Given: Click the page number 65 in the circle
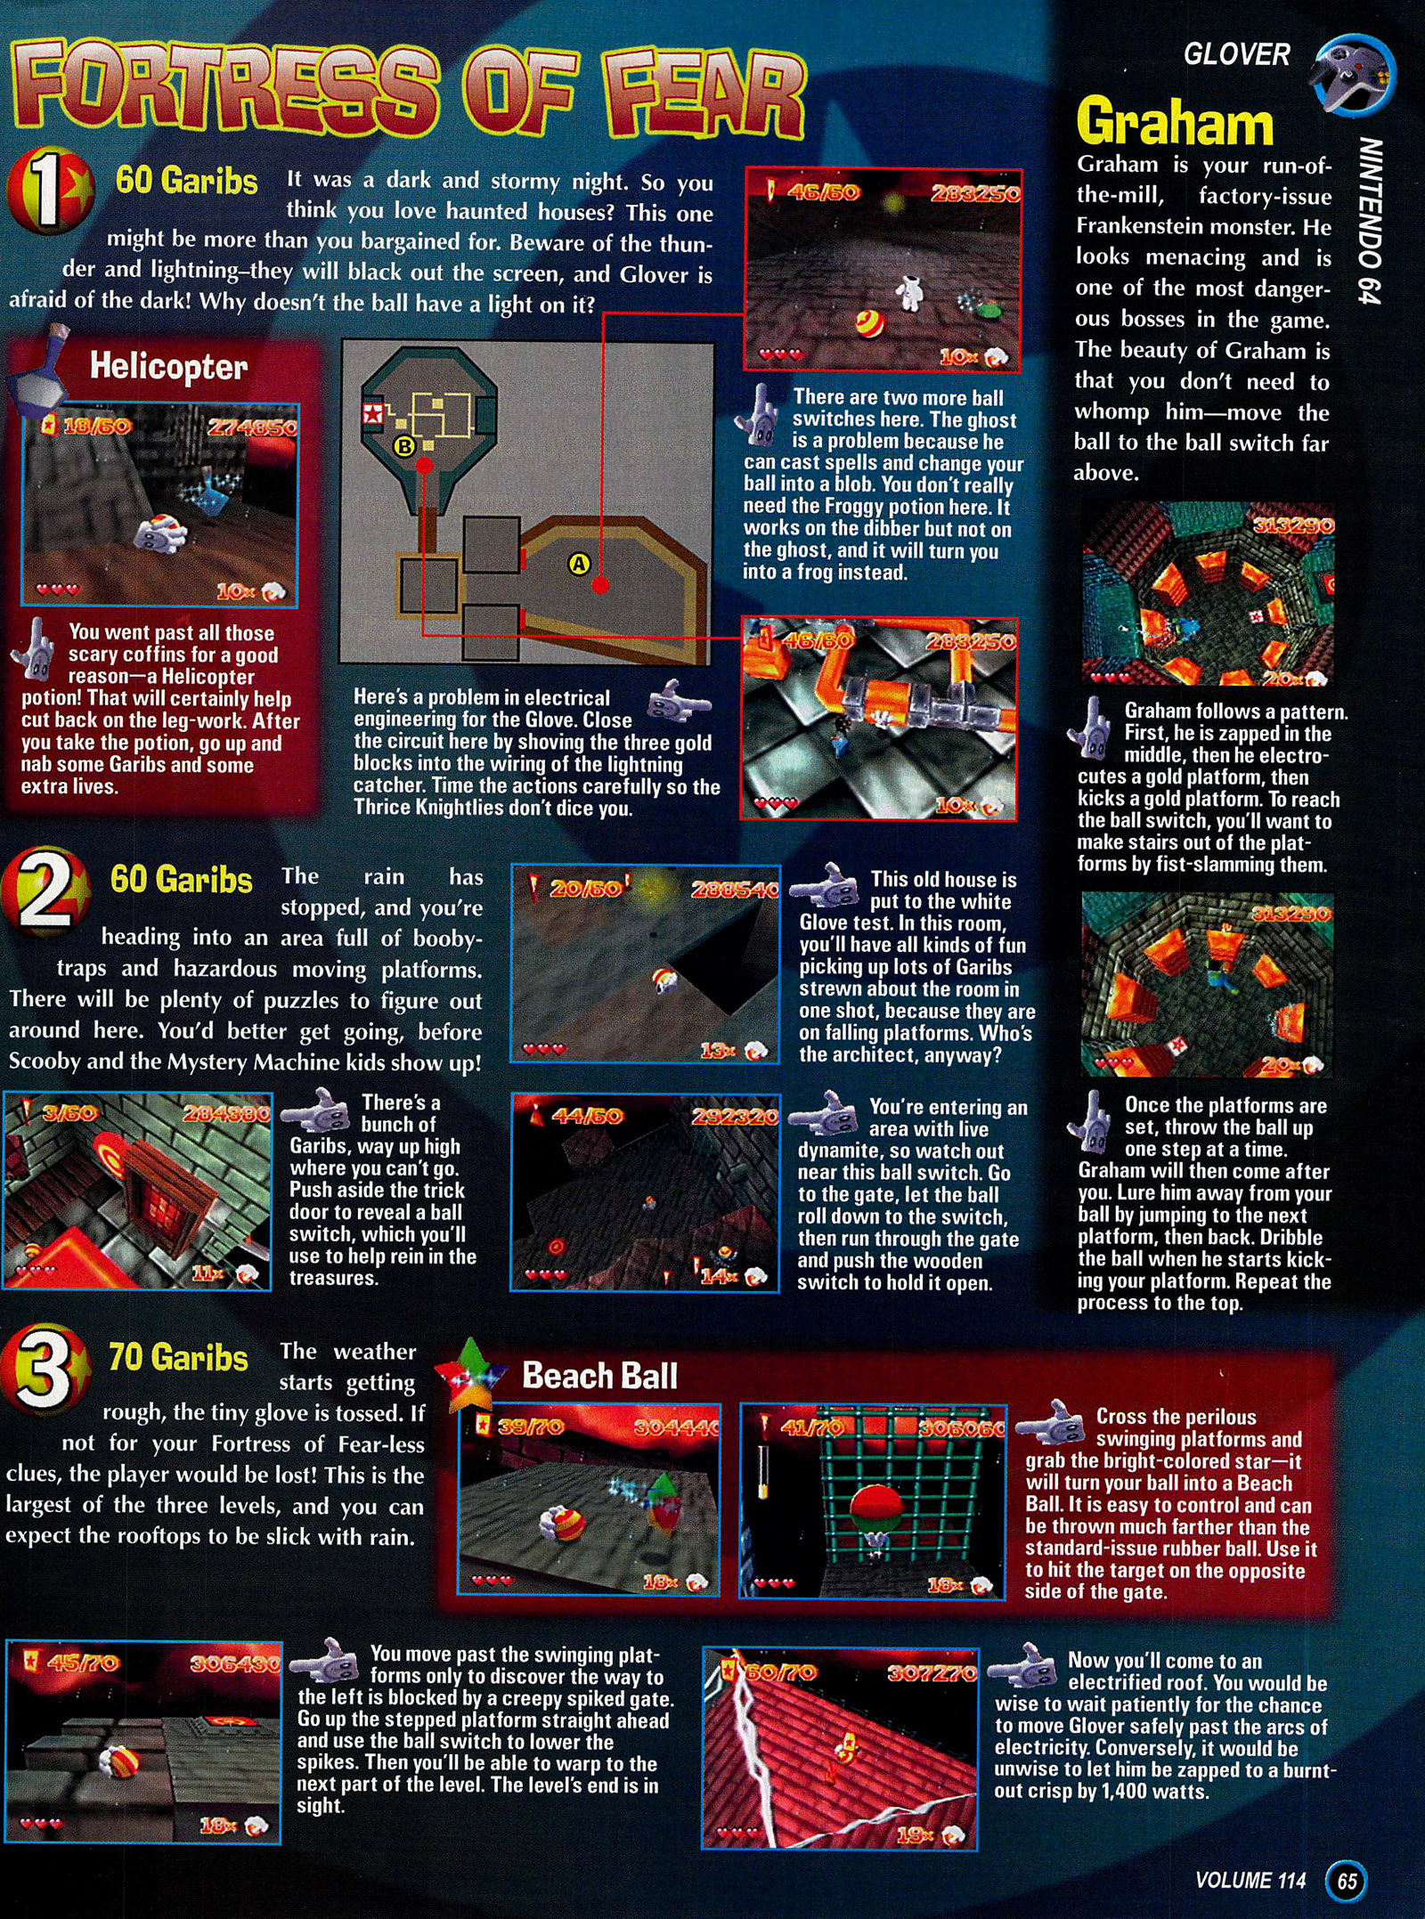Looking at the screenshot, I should [x=1347, y=1881].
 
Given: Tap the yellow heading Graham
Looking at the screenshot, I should [x=1175, y=122].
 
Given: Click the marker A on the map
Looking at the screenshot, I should [x=579, y=564].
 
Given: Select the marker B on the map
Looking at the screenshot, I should [x=404, y=446].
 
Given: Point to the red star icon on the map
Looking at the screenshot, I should [x=372, y=413].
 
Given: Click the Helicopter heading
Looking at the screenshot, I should [x=168, y=366].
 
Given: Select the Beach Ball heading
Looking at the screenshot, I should [x=599, y=1376].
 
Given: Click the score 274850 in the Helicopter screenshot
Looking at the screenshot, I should [x=252, y=428].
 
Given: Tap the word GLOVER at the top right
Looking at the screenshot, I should [x=1236, y=55].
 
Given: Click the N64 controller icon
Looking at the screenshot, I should [x=1352, y=75].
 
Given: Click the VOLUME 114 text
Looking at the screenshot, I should [x=1250, y=1881].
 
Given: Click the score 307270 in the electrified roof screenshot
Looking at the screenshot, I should [x=932, y=1673].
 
